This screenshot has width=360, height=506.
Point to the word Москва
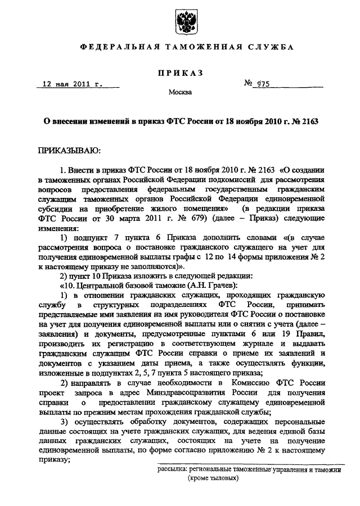coord(181,92)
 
